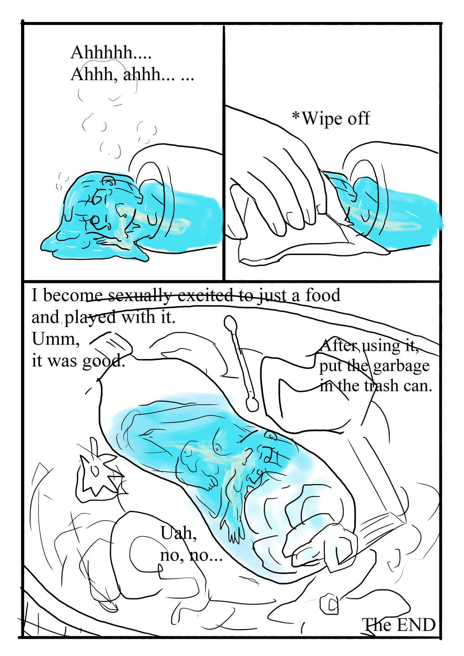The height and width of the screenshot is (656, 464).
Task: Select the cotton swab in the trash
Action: tap(241, 364)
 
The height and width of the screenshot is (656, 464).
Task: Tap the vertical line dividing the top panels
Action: tap(224, 152)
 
